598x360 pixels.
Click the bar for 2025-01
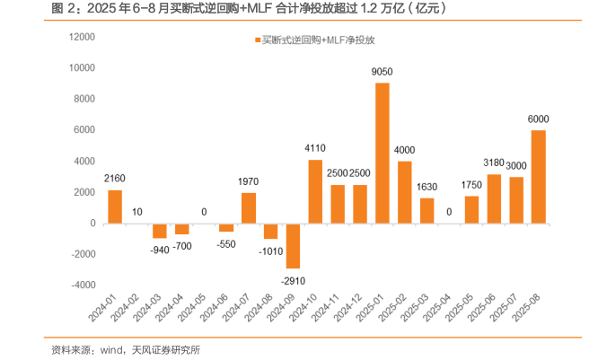[x=382, y=153]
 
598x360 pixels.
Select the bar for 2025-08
[x=539, y=176]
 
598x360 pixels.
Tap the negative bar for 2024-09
[x=293, y=245]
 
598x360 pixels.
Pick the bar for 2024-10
[x=315, y=191]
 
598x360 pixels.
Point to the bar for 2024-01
[x=114, y=206]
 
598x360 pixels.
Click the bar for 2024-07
[x=248, y=207]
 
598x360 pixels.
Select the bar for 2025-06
[x=494, y=198]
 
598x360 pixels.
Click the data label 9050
[x=382, y=71]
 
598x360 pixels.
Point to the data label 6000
[x=539, y=119]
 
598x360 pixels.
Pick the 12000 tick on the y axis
[x=83, y=37]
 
